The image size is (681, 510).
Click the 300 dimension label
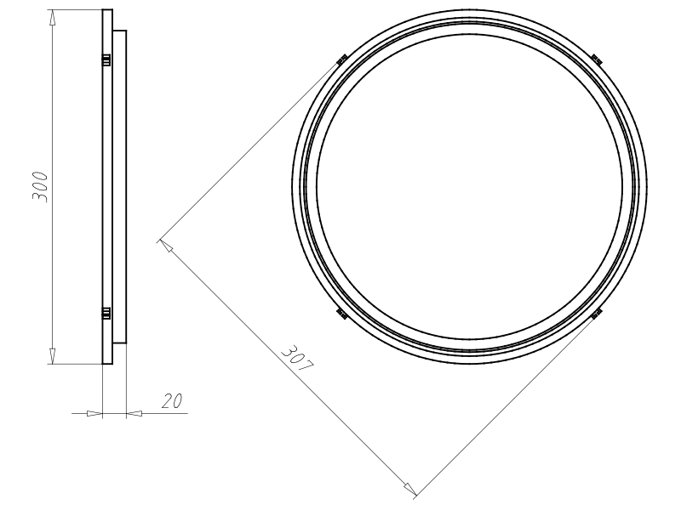pyautogui.click(x=39, y=186)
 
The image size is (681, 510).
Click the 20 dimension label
pyautogui.click(x=172, y=401)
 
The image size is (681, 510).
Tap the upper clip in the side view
pyautogui.click(x=106, y=59)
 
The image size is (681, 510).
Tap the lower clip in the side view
pyautogui.click(x=106, y=313)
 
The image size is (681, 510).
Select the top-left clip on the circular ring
pyautogui.click(x=342, y=59)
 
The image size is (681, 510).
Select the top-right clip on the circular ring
pyautogui.click(x=597, y=59)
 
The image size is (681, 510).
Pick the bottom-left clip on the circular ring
pyautogui.click(x=342, y=313)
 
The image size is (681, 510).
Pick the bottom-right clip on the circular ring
pyautogui.click(x=597, y=313)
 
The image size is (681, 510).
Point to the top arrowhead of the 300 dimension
pyautogui.click(x=53, y=17)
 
